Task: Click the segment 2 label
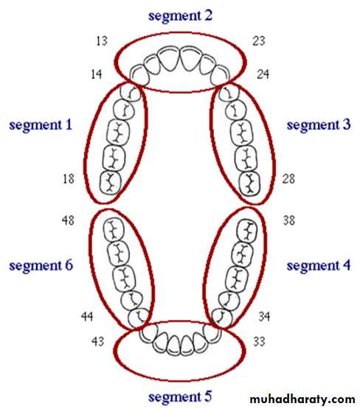tap(180, 16)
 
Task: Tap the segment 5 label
tap(180, 397)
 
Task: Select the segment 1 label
tap(41, 125)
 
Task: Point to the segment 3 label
tap(319, 125)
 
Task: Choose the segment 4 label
tap(319, 265)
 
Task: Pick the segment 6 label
tap(41, 265)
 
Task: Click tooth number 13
tap(102, 41)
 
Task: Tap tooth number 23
tap(259, 41)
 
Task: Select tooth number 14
tap(97, 74)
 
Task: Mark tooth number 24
tap(263, 74)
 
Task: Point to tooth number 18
tap(69, 178)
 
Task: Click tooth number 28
tap(288, 178)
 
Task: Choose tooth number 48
tap(68, 220)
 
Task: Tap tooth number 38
tap(288, 220)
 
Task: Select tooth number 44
tap(87, 316)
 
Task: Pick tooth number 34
tap(264, 316)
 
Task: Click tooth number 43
tap(97, 341)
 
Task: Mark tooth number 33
tap(259, 341)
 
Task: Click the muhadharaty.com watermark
tap(302, 399)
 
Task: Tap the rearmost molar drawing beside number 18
tap(111, 183)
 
